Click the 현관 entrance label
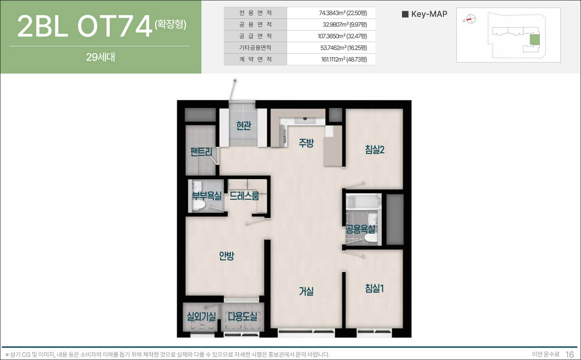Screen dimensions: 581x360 [x=244, y=125]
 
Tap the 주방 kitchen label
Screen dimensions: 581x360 [x=306, y=143]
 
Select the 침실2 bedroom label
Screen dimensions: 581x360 [x=375, y=150]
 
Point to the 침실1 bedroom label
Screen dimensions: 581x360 [x=375, y=288]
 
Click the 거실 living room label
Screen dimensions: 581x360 [x=306, y=291]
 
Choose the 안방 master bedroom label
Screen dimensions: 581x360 [x=226, y=256]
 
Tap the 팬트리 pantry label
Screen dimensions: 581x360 [x=201, y=152]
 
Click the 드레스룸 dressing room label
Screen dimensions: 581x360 [x=244, y=196]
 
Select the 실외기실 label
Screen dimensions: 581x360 [x=201, y=316]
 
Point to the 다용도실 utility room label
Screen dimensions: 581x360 [x=242, y=316]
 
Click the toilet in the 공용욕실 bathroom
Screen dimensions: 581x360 [x=371, y=238]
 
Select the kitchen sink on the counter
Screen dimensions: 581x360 [x=305, y=121]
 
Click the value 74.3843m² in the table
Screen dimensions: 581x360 [x=332, y=13]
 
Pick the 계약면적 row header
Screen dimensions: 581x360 [x=255, y=59]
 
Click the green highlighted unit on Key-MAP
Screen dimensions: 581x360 [x=534, y=40]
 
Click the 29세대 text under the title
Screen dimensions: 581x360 [x=101, y=57]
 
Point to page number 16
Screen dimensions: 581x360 [x=570, y=354]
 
